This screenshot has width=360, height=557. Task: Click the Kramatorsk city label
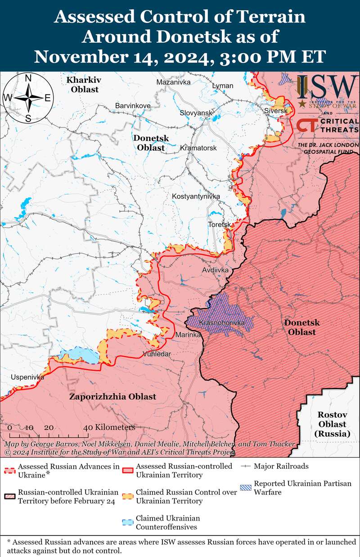[198, 148]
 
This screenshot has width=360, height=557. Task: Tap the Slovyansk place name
[196, 112]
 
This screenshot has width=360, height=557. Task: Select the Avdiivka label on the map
[216, 270]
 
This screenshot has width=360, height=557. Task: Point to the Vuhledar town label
[157, 354]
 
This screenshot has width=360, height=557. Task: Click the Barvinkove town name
[133, 105]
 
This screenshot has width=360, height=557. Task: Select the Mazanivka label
[173, 82]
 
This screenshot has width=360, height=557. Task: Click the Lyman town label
[223, 86]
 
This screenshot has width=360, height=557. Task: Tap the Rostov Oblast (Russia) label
[332, 424]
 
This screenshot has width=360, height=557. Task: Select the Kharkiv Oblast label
[82, 84]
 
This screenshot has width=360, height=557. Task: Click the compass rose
[28, 98]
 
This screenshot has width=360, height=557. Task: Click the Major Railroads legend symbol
[246, 466]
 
